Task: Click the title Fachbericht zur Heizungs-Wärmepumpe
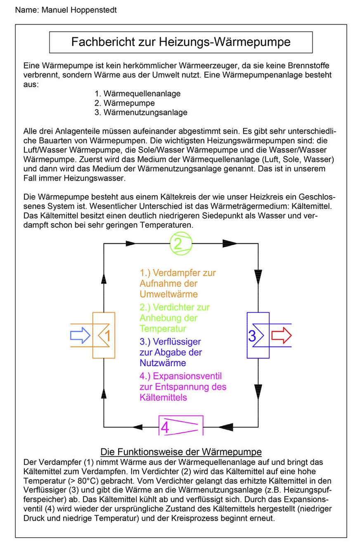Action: click(x=181, y=42)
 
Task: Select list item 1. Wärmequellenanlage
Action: click(x=137, y=94)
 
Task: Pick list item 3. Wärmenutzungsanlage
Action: click(x=141, y=112)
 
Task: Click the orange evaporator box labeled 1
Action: click(x=104, y=335)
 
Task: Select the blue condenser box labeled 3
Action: click(x=258, y=335)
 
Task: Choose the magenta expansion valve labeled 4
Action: click(x=181, y=425)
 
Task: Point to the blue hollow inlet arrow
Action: click(x=80, y=335)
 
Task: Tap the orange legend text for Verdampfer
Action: click(x=178, y=283)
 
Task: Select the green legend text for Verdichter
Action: click(x=175, y=318)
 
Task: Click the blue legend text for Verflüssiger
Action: click(x=171, y=352)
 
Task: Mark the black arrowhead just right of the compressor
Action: click(x=230, y=243)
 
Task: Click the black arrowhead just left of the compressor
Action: click(x=131, y=243)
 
